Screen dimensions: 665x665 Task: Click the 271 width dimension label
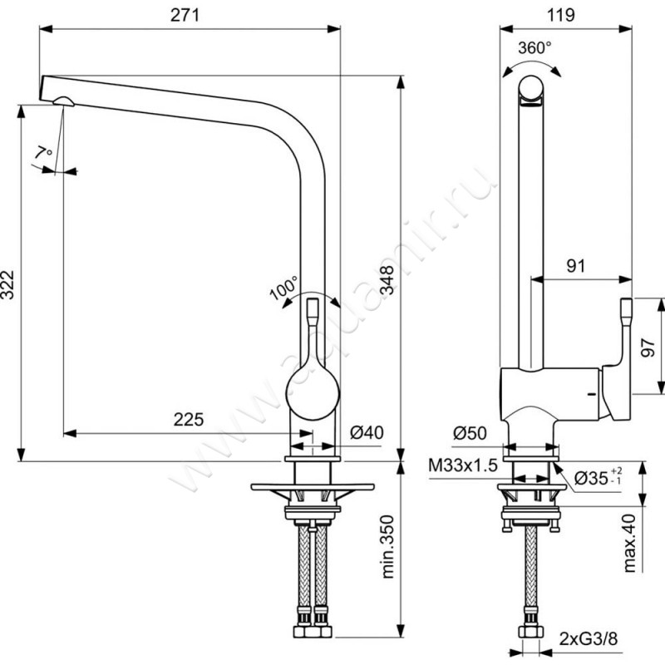(x=185, y=15)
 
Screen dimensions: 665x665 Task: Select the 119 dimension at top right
(x=560, y=15)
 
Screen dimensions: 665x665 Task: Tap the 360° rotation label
(x=534, y=48)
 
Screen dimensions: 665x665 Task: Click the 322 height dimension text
(x=7, y=284)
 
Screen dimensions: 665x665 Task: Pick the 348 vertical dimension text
(x=387, y=280)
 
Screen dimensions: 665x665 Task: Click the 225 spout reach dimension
(x=189, y=420)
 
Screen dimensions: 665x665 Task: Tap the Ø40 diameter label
(x=367, y=432)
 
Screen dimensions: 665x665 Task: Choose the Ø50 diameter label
(x=470, y=433)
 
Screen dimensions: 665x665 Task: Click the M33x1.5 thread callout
(x=463, y=465)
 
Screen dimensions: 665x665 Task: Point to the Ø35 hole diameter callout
(x=598, y=477)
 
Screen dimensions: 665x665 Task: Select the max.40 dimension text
(x=630, y=543)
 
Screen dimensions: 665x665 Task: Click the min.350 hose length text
(x=387, y=547)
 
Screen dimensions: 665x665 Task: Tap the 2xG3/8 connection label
(x=589, y=638)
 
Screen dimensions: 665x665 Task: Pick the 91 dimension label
(x=576, y=266)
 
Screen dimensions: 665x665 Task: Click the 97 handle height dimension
(x=648, y=347)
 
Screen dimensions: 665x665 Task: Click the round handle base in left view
(x=313, y=392)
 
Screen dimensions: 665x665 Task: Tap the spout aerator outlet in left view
(x=64, y=101)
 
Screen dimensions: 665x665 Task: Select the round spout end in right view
(x=530, y=90)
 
